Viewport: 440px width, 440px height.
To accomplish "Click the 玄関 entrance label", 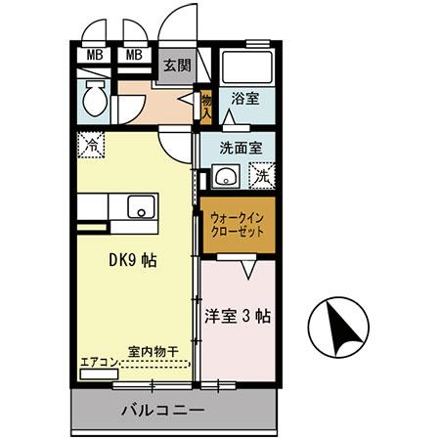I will coord(177,66).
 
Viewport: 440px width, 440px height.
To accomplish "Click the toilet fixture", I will coord(94,99).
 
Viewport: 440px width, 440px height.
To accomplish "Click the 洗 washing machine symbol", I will coord(261,177).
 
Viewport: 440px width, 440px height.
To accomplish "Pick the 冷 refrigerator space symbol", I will coord(88,143).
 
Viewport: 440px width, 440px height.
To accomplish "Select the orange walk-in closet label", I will coord(238,226).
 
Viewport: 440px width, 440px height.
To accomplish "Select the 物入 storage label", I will coord(206,103).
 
